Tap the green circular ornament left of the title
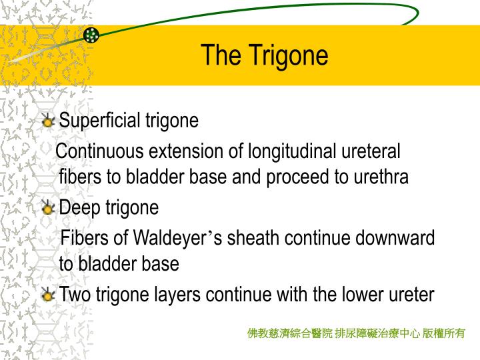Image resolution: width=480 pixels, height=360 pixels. click(x=91, y=35)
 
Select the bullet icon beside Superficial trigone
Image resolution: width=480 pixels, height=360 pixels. click(x=48, y=121)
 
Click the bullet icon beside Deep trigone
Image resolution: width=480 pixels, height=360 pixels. click(x=48, y=209)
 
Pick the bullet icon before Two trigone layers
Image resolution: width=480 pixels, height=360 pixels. click(x=48, y=295)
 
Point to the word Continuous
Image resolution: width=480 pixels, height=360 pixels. click(x=100, y=151)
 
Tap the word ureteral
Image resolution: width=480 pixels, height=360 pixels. click(x=371, y=151)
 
